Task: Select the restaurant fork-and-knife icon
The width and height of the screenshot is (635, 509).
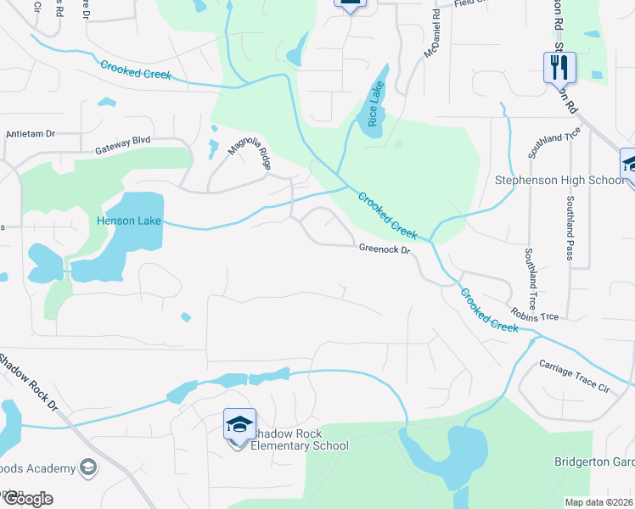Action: pos(559,67)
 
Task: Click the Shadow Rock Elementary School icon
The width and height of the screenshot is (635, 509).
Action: pos(239,423)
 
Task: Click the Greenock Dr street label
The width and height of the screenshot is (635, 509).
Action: pos(385,249)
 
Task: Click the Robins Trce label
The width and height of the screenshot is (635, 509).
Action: pos(535,316)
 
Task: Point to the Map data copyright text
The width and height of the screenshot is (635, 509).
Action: pos(599,502)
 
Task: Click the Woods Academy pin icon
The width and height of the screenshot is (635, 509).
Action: pos(87,467)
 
